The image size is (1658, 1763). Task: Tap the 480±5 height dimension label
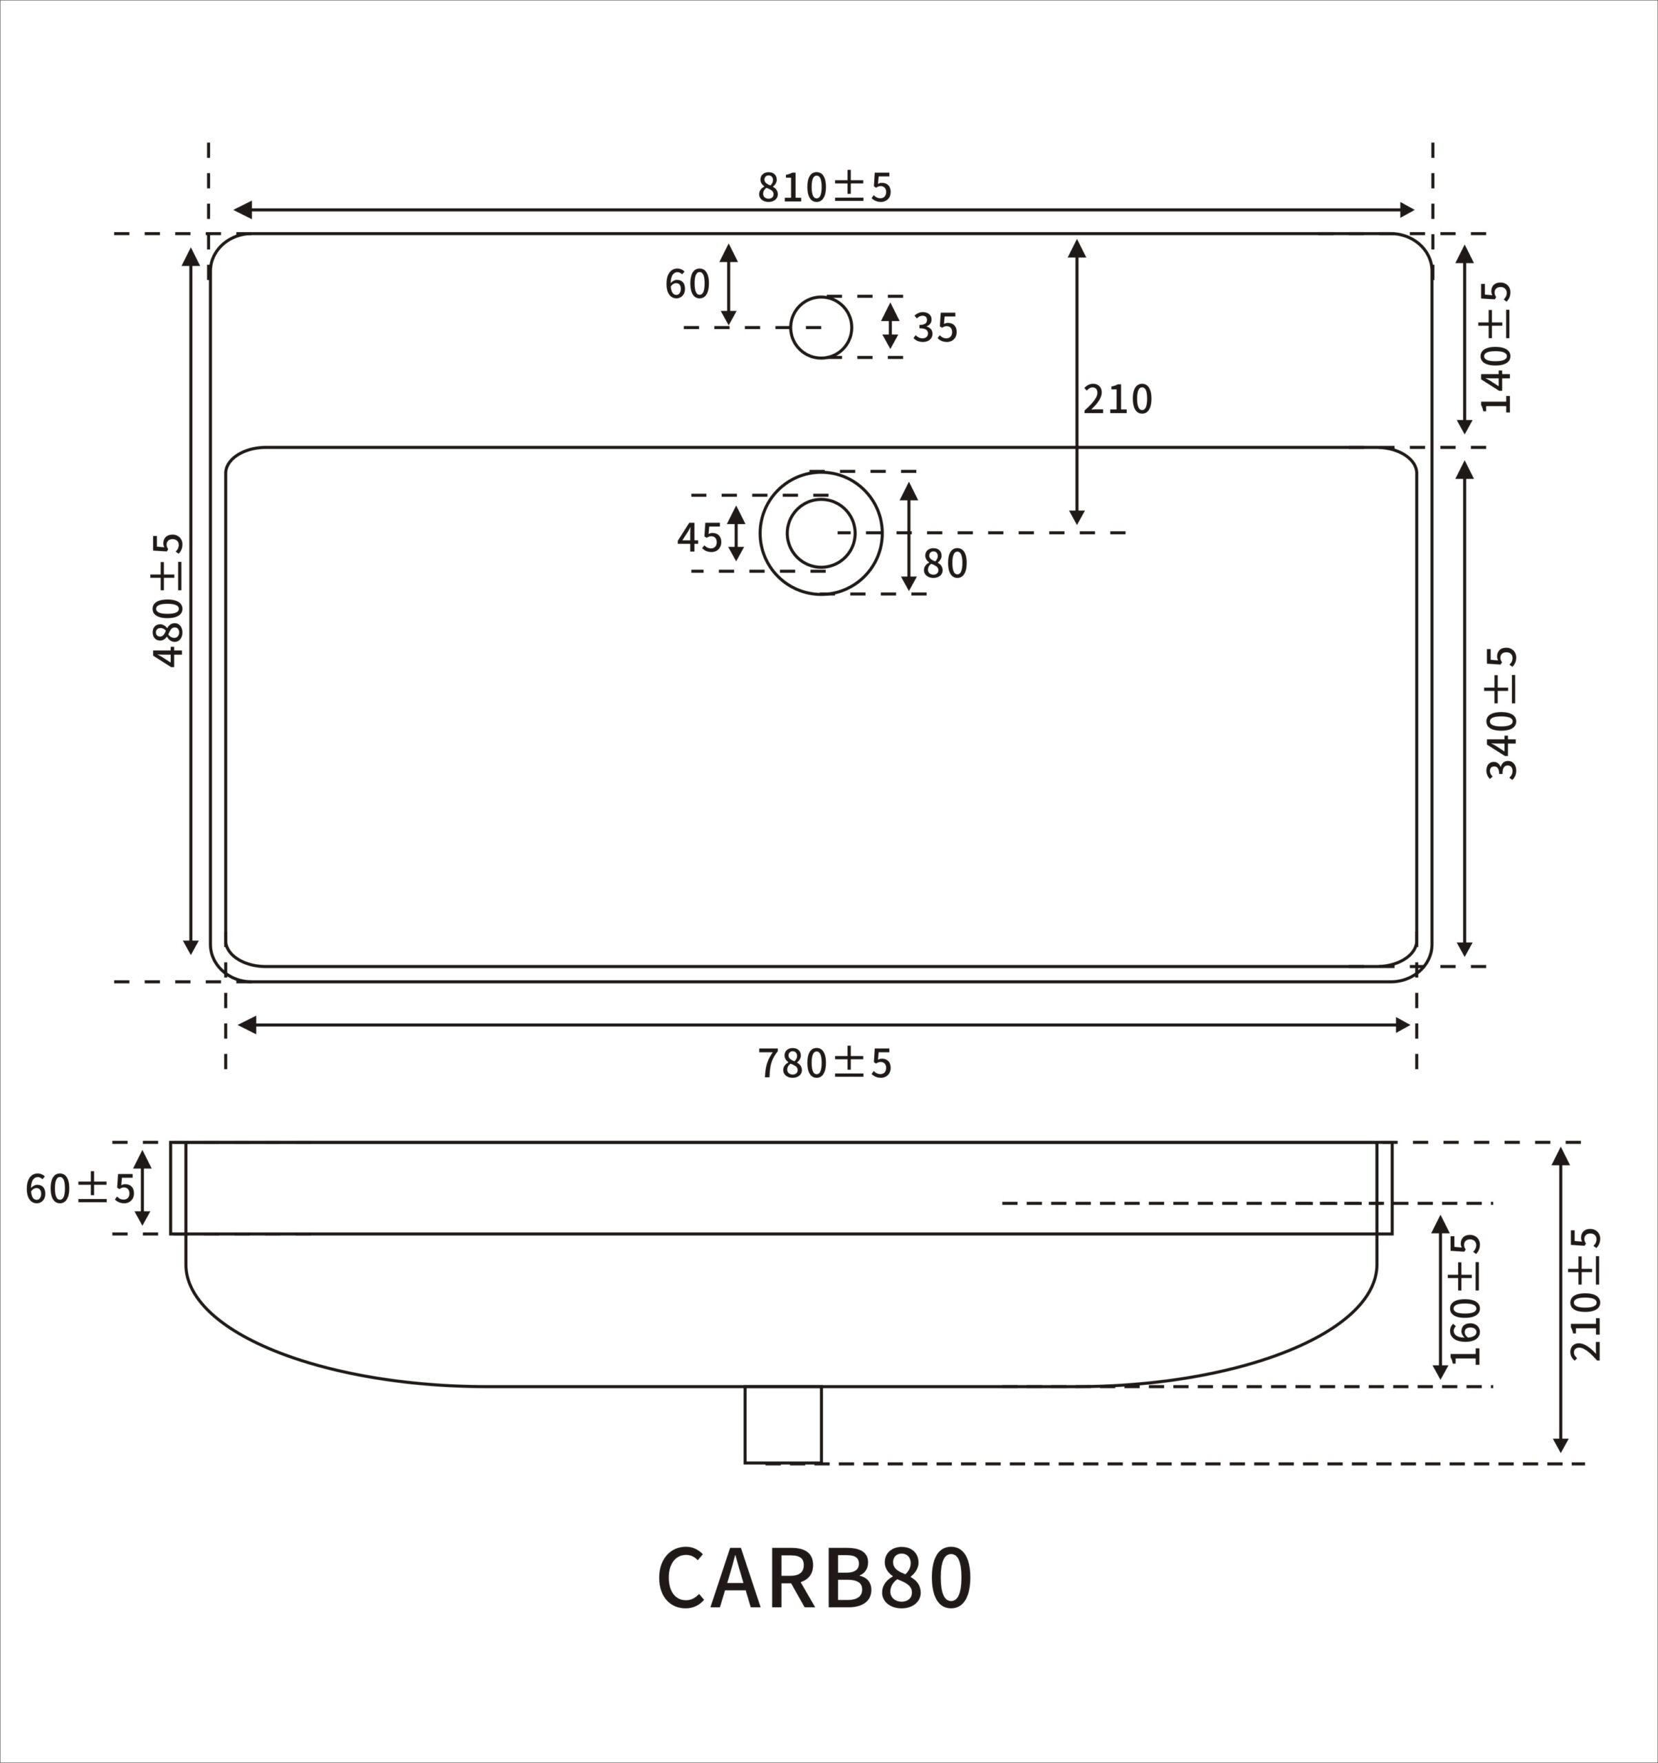[167, 600]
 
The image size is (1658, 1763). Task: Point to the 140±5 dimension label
[1495, 347]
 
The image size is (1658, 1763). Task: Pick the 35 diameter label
[935, 328]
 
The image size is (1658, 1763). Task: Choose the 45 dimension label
[700, 537]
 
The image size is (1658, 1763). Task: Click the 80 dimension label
[945, 564]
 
